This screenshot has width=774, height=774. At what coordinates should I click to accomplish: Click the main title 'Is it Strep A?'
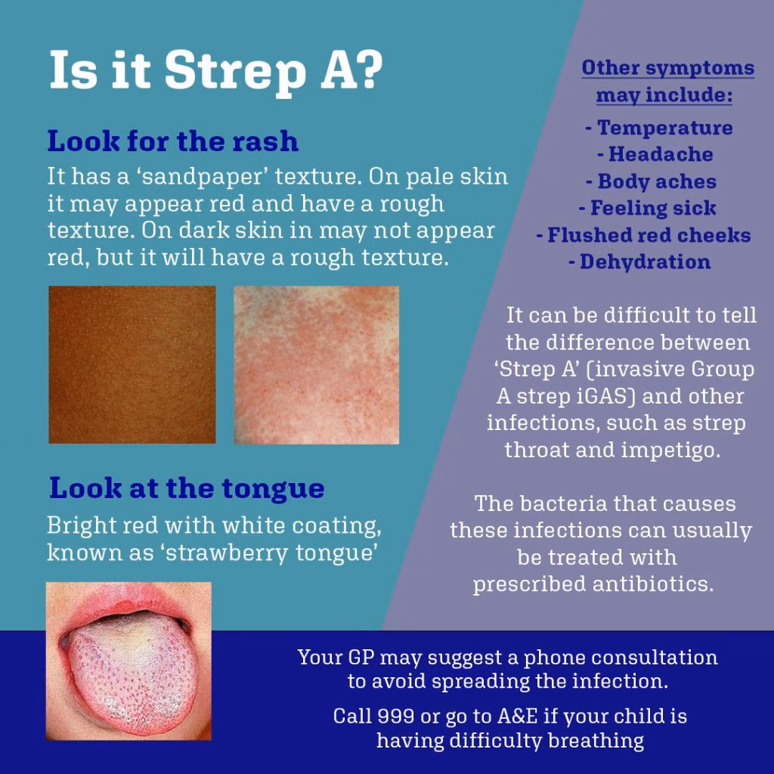pyautogui.click(x=216, y=71)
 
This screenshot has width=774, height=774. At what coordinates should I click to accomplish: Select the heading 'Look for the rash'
pyautogui.click(x=172, y=141)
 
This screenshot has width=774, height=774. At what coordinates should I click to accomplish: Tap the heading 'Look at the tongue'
pyautogui.click(x=187, y=488)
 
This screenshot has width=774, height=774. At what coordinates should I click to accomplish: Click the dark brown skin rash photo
pyautogui.click(x=132, y=364)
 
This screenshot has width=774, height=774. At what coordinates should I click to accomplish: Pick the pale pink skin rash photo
pyautogui.click(x=316, y=364)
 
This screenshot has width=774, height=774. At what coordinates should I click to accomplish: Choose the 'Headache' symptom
pyautogui.click(x=660, y=154)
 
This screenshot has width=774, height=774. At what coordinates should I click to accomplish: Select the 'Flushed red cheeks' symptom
pyautogui.click(x=649, y=235)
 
